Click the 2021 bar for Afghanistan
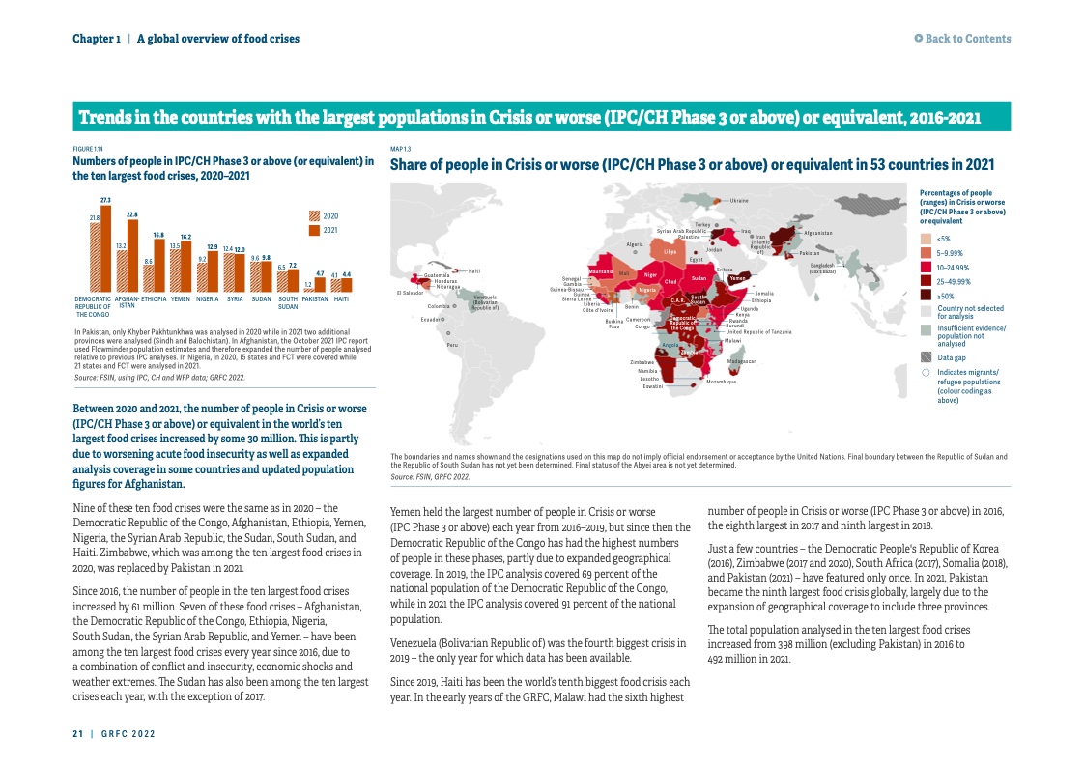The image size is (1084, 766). (133, 255)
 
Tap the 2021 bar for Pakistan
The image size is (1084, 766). (320, 286)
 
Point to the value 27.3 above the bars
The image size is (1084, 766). (106, 200)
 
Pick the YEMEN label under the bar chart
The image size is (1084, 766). (180, 299)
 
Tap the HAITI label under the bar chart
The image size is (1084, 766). (341, 299)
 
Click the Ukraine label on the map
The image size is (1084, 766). (739, 200)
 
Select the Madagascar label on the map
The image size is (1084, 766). (741, 361)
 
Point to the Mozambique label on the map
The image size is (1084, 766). (721, 383)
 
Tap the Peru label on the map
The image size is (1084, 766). (451, 344)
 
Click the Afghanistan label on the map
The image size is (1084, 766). (817, 233)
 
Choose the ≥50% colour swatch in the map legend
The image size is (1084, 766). (926, 295)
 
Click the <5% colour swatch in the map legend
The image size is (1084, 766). (926, 239)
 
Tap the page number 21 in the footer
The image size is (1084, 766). (77, 734)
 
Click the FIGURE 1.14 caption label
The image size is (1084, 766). (88, 149)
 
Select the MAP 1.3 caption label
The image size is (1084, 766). (400, 149)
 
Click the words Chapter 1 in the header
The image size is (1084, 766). (97, 39)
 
